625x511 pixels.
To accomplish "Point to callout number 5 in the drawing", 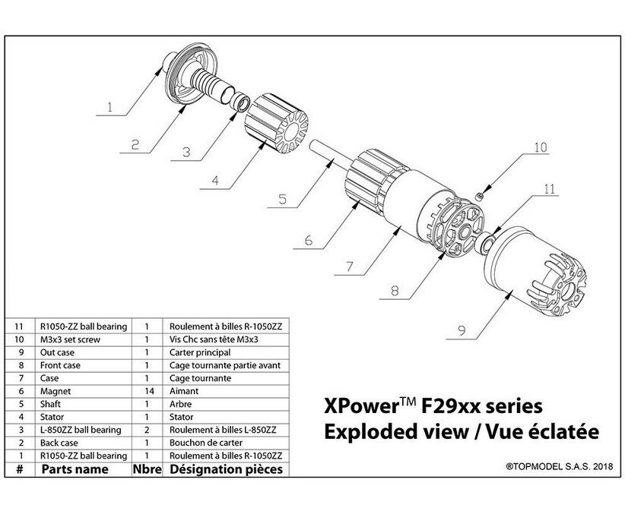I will click(x=281, y=201).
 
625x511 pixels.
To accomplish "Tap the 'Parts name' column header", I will click(x=75, y=470).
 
